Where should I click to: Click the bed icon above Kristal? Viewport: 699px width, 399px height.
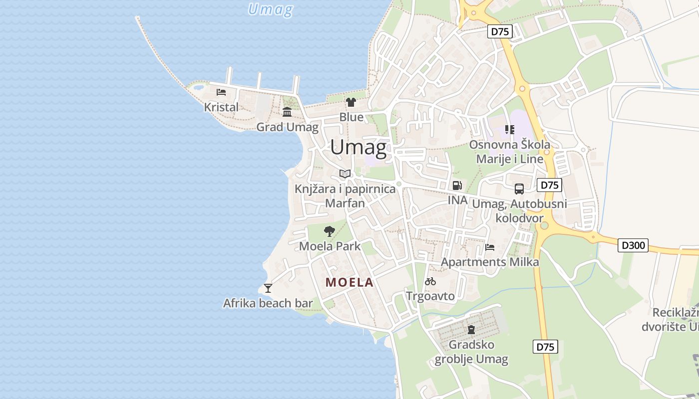pos(221,92)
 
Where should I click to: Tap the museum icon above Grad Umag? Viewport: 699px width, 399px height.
pos(287,112)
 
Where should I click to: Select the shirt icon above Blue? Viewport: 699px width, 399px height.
pos(351,102)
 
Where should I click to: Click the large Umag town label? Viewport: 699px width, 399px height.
pos(358,147)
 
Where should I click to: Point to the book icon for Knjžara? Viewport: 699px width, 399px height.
pos(345,174)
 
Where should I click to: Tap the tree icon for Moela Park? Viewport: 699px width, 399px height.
pos(329,231)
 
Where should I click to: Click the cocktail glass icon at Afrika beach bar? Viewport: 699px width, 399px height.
pos(268,288)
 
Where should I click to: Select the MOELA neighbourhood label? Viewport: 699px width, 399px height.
pos(349,282)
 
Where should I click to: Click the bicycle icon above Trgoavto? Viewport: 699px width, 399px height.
pos(430,281)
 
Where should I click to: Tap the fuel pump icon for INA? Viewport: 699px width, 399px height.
pos(457,186)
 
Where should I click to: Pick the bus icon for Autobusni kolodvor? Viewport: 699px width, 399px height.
pos(519,189)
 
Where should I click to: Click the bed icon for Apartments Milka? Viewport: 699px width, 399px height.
pos(490,247)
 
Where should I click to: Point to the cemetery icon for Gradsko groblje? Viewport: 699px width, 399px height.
pos(471,329)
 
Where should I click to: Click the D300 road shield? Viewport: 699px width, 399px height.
pos(633,245)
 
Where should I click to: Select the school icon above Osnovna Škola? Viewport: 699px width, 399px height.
pos(509,130)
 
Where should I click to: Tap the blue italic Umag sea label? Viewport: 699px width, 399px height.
pos(270,9)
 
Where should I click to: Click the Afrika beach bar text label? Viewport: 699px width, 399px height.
pos(268,303)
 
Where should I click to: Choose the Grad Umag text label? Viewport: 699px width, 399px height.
pos(287,127)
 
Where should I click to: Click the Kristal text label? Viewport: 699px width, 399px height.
pos(221,107)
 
